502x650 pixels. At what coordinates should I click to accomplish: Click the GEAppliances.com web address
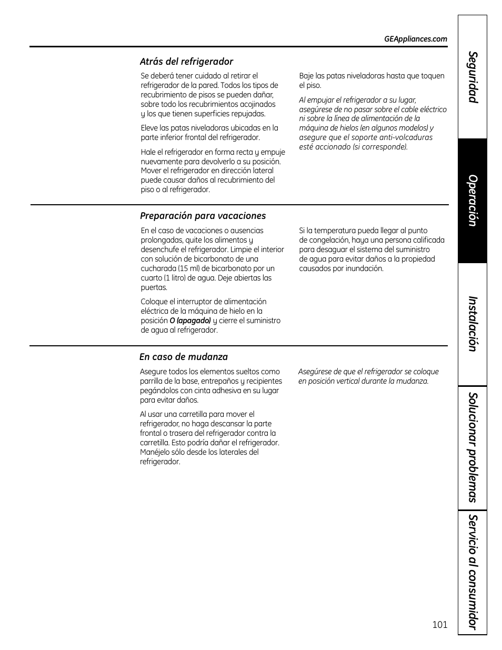(x=415, y=39)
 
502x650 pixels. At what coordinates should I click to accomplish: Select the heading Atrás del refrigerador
(x=186, y=62)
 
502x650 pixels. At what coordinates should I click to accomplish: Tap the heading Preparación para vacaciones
(x=203, y=216)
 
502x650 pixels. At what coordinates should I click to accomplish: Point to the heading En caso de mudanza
(x=183, y=357)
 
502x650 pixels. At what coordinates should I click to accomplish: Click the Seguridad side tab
(x=473, y=77)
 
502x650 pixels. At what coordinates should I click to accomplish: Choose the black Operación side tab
(x=473, y=201)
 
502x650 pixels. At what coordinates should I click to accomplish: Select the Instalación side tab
(x=473, y=324)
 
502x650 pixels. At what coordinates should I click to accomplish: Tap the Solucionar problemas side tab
(x=473, y=448)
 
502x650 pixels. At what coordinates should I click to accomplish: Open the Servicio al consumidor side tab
(x=473, y=572)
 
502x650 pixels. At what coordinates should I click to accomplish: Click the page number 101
(x=439, y=625)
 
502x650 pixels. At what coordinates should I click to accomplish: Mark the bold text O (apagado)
(x=190, y=321)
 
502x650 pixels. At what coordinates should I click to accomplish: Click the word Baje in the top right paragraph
(x=307, y=76)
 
